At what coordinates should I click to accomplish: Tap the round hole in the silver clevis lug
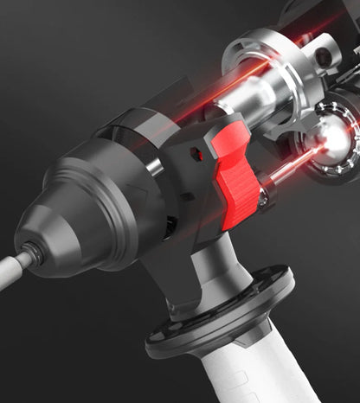323,57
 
